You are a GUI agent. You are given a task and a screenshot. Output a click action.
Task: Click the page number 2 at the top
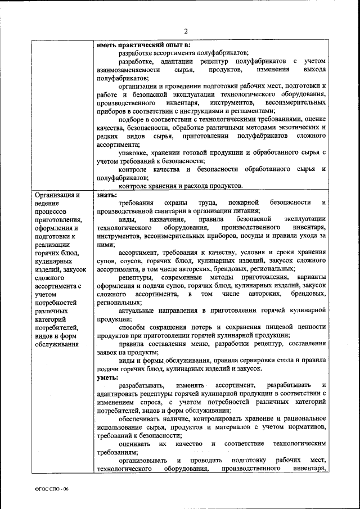pyautogui.click(x=185, y=30)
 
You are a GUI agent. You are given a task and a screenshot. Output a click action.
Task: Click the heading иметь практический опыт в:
pyautogui.click(x=143, y=44)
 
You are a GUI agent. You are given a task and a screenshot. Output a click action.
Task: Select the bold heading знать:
pyautogui.click(x=106, y=195)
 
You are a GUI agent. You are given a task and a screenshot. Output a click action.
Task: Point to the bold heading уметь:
pyautogui.click(x=107, y=378)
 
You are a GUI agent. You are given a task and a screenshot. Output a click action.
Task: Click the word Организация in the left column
pyautogui.click(x=53, y=195)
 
